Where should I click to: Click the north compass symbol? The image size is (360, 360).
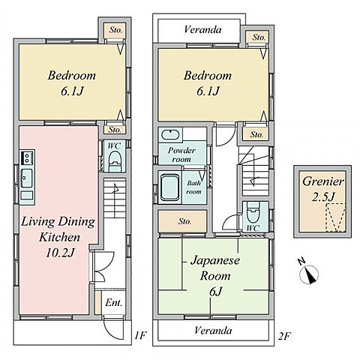(x=309, y=273)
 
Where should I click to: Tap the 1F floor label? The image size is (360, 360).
(x=139, y=335)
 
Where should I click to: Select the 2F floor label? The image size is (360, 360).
(x=283, y=336)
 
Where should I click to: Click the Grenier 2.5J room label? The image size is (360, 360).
(x=323, y=189)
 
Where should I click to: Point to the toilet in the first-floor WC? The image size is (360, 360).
(x=115, y=160)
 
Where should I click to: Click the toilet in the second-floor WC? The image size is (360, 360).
(x=253, y=213)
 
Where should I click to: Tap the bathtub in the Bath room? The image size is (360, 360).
(x=169, y=187)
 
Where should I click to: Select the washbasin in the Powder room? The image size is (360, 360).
(x=170, y=135)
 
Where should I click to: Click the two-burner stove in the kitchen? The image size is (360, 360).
(x=27, y=157)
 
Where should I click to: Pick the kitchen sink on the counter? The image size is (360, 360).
(x=26, y=178)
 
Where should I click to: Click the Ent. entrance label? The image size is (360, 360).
(x=114, y=303)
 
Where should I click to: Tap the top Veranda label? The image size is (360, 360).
(x=202, y=30)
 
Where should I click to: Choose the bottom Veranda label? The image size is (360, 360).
(x=213, y=331)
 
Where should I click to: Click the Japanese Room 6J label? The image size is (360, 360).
(x=215, y=276)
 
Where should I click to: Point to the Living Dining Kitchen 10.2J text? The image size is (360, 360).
(x=58, y=237)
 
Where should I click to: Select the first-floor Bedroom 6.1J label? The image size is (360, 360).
(x=72, y=83)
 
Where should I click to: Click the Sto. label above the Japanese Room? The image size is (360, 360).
(x=185, y=221)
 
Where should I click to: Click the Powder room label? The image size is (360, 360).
(x=181, y=154)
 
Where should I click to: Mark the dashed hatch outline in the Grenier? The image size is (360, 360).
(x=335, y=217)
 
